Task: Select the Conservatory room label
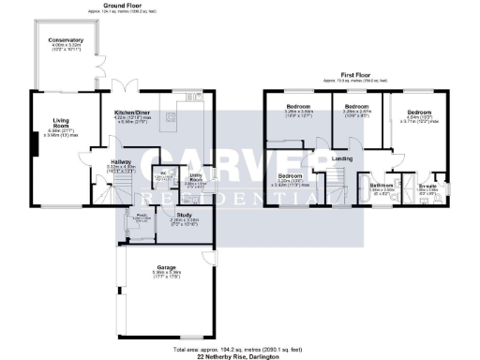tap(67, 41)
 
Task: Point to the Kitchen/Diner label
tap(131, 112)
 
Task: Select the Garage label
tap(167, 267)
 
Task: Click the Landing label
tap(342, 158)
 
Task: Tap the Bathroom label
tap(381, 186)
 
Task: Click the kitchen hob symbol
tap(172, 117)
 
